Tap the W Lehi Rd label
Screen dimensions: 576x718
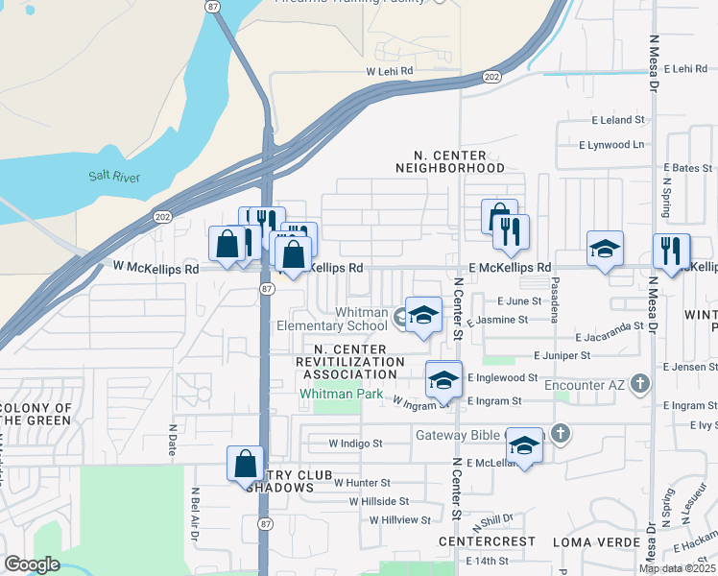click(x=389, y=71)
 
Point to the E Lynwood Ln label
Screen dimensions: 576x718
click(x=611, y=144)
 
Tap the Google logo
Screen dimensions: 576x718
click(x=32, y=564)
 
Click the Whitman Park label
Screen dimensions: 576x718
click(x=341, y=394)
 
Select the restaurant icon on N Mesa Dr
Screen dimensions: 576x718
click(x=670, y=252)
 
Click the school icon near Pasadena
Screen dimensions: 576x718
click(x=605, y=249)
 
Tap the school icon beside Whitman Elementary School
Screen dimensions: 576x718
click(x=423, y=315)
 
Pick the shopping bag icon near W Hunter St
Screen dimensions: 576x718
click(x=246, y=464)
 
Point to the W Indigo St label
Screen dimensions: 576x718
click(x=355, y=444)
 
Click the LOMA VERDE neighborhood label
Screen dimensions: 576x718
click(x=596, y=541)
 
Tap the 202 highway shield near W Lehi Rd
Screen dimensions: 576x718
click(x=491, y=77)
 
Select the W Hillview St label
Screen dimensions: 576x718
click(x=400, y=519)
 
